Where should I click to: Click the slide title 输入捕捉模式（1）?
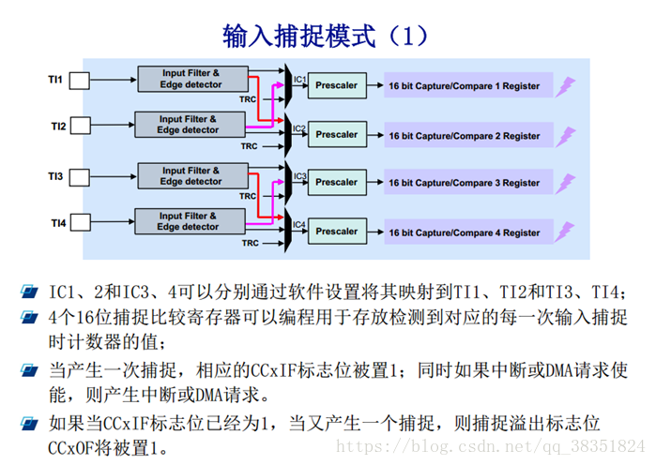[325, 36]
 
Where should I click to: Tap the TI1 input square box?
[79, 81]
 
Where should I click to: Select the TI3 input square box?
[79, 177]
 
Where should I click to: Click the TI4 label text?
[58, 223]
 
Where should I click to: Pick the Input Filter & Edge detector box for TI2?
[190, 125]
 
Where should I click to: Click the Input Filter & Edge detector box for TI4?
[190, 221]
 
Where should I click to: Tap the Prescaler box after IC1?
[337, 85]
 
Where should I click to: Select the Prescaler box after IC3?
[337, 182]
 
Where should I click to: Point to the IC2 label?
[299, 128]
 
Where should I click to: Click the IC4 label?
[299, 224]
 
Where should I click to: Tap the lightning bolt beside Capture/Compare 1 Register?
[565, 87]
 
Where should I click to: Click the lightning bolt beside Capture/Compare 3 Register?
[565, 184]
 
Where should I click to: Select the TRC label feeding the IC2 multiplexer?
[249, 146]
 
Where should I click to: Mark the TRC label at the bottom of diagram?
[251, 243]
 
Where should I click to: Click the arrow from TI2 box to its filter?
[113, 125]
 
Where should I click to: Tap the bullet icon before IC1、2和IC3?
[29, 292]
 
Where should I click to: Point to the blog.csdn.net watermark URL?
[490, 446]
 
